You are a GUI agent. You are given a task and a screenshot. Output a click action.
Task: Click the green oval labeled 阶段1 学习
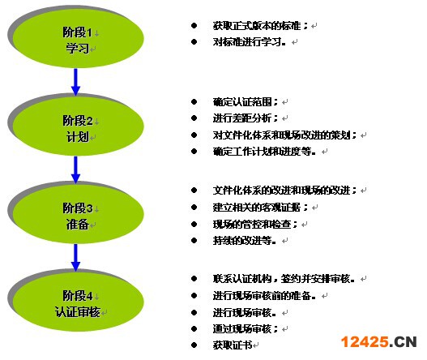(x=78, y=38)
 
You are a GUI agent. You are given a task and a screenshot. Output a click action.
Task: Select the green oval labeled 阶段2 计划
(x=78, y=126)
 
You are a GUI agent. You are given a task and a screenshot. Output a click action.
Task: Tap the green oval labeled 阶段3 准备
(x=78, y=214)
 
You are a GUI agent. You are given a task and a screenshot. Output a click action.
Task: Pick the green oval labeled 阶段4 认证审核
(x=78, y=302)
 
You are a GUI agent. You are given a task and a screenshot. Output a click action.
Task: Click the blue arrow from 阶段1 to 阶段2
(x=75, y=82)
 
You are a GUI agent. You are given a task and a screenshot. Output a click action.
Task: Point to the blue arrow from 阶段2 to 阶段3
(x=75, y=169)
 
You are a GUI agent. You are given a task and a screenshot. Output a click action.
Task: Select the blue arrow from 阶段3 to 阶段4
(x=75, y=258)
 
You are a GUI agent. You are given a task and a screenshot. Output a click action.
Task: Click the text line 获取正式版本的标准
(x=260, y=26)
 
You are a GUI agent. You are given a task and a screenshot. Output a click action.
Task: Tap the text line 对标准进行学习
(x=250, y=42)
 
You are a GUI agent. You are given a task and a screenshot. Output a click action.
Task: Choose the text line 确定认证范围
(x=245, y=102)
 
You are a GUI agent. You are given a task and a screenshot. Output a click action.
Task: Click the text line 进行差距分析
(x=245, y=118)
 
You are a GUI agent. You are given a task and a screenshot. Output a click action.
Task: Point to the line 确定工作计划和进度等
(x=264, y=152)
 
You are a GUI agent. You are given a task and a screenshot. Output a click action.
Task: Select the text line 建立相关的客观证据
(x=260, y=208)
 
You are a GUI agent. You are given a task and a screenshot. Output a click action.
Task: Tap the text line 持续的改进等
(x=244, y=241)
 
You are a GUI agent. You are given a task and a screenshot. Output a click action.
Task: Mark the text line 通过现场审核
(x=245, y=329)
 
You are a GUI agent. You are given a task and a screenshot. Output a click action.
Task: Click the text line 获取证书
(x=233, y=345)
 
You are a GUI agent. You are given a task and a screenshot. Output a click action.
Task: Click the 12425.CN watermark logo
(x=379, y=341)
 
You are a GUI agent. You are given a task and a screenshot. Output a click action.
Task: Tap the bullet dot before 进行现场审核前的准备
(x=194, y=295)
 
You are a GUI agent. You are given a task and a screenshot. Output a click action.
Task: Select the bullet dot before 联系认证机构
(x=194, y=279)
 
